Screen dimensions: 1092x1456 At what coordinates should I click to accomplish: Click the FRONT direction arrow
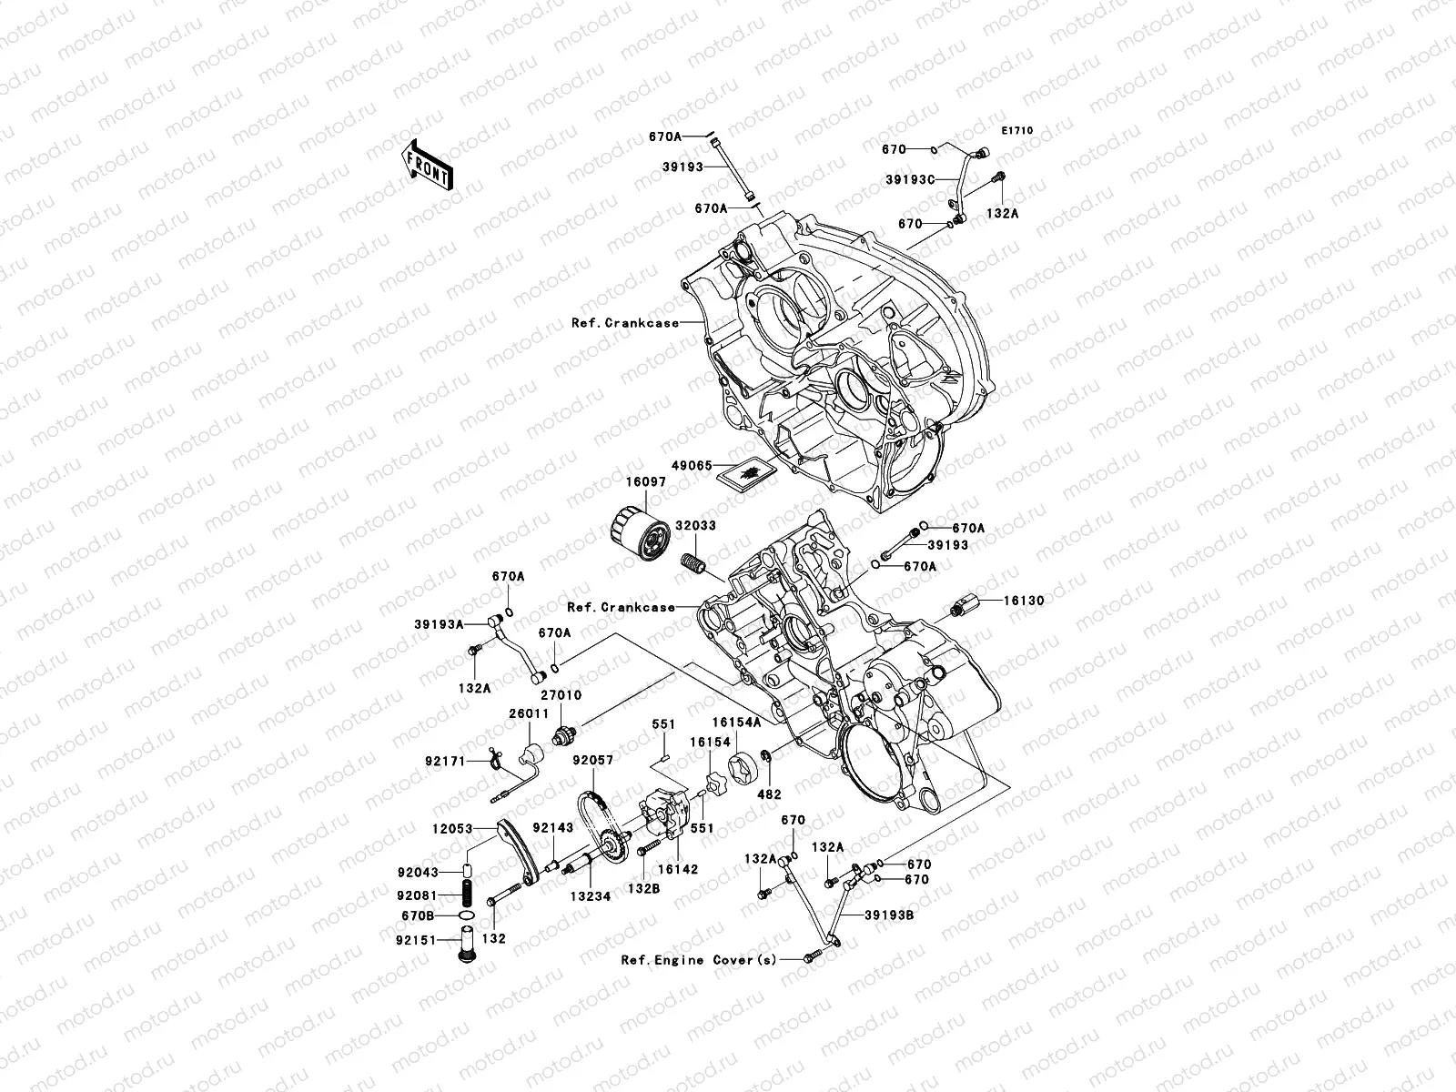coord(441,166)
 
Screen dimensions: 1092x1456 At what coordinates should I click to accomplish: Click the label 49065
coord(692,464)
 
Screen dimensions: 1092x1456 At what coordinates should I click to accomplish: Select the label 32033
coord(696,526)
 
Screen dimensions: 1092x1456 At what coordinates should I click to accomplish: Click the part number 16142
coord(678,869)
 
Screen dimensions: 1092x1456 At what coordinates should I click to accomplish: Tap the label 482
coord(770,794)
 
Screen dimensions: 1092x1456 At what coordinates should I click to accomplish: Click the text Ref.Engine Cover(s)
coord(699,960)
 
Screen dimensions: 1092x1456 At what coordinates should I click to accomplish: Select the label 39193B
coord(890,915)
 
